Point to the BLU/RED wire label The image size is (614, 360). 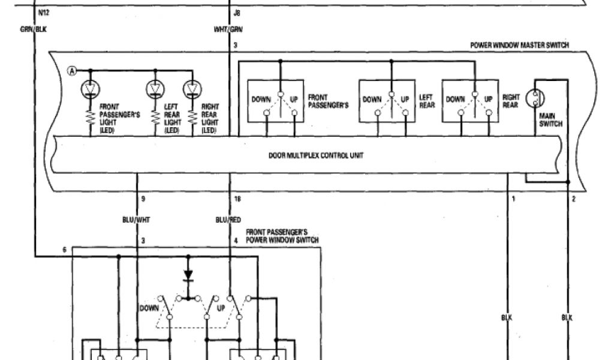[228, 220]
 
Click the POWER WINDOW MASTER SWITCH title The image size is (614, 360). [519, 46]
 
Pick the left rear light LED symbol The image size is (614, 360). [155, 89]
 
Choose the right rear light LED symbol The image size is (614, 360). [192, 89]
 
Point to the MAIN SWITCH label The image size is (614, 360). [550, 120]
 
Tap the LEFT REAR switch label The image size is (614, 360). [426, 101]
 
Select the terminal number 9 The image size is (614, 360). [143, 198]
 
